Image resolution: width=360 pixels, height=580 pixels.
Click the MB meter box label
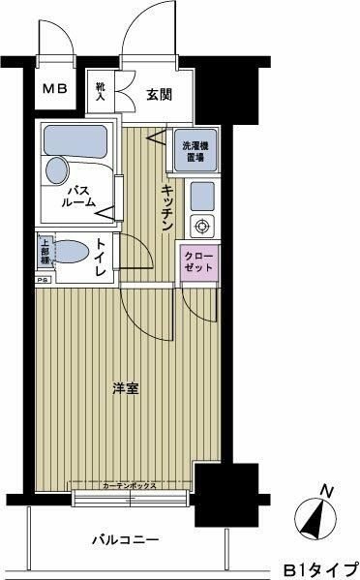53,90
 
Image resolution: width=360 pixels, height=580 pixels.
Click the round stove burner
203,228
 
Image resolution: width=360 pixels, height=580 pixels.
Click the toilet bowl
74,253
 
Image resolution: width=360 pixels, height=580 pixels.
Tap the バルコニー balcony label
127,539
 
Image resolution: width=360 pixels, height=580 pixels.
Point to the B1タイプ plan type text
318,568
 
